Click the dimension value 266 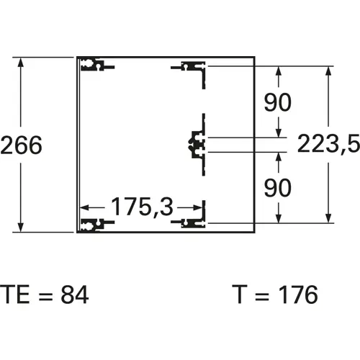tap(21, 145)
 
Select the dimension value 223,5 tap(328, 144)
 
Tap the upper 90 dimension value tap(278, 102)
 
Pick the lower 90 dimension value tap(278, 188)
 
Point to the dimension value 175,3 tap(142, 207)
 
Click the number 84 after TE tap(75, 294)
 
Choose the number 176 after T tap(298, 294)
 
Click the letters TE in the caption tap(15, 294)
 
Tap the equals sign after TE tap(45, 295)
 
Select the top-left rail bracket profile tap(97, 65)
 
